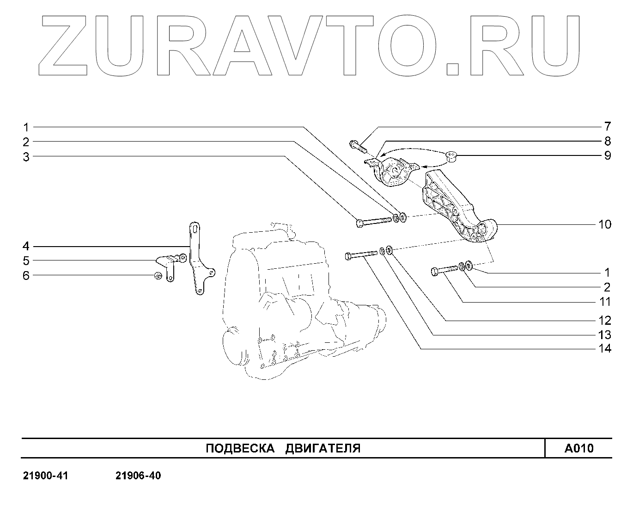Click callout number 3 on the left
[26, 157]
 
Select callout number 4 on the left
[26, 246]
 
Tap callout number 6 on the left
[26, 276]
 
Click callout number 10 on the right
[604, 225]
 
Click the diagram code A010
[578, 448]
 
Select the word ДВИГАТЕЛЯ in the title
[323, 448]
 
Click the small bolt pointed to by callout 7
[357, 145]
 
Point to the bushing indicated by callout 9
[452, 157]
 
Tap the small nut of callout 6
[157, 276]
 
